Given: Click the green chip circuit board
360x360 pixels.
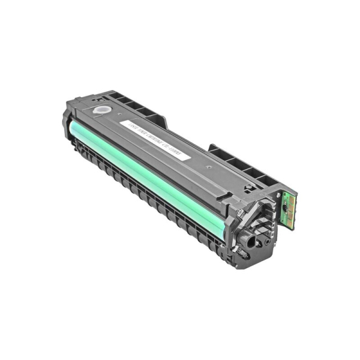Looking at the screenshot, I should point(289,208).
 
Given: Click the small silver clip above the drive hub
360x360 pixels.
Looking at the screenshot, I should point(241,211).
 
